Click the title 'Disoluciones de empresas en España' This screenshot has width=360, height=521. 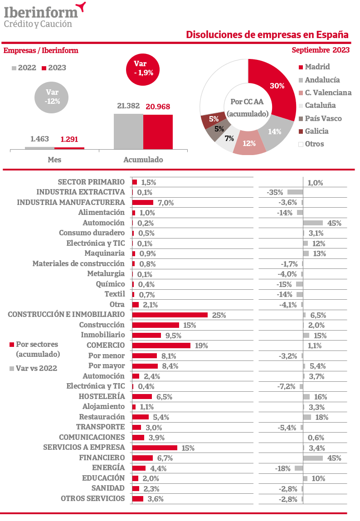coord(267,35)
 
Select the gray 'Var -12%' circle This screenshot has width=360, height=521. coord(52,97)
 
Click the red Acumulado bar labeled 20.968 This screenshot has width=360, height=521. coord(159,131)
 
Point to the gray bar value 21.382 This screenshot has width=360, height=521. coord(128,106)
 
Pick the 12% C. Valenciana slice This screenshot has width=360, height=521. coord(249,142)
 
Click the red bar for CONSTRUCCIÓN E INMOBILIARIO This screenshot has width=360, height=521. coord(170,315)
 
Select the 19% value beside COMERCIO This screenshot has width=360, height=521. coord(201,346)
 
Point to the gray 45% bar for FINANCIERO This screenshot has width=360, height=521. coord(313,458)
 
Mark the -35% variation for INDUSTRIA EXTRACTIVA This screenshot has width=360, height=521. coord(275,192)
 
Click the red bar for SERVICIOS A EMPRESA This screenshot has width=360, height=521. coord(154,448)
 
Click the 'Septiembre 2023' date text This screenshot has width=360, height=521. coord(321,50)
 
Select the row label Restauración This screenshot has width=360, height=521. coord(102,417)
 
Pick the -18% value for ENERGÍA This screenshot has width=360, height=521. coord(282,468)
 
